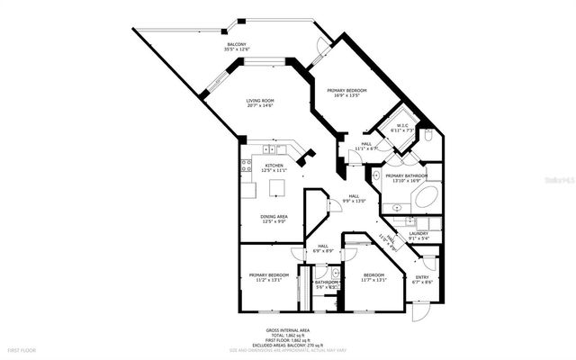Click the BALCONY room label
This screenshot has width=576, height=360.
[238, 43]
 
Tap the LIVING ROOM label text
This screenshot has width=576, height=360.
[262, 101]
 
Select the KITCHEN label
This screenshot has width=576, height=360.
[274, 166]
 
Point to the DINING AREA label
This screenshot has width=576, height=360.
[274, 218]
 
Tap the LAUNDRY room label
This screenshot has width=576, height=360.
[418, 234]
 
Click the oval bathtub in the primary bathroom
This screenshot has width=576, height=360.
[422, 197]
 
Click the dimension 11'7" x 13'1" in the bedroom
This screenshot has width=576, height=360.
[373, 280]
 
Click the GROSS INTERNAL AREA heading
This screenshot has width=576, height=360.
[287, 330]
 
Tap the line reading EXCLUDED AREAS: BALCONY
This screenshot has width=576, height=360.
[287, 345]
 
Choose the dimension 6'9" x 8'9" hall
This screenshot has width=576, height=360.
[322, 251]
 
